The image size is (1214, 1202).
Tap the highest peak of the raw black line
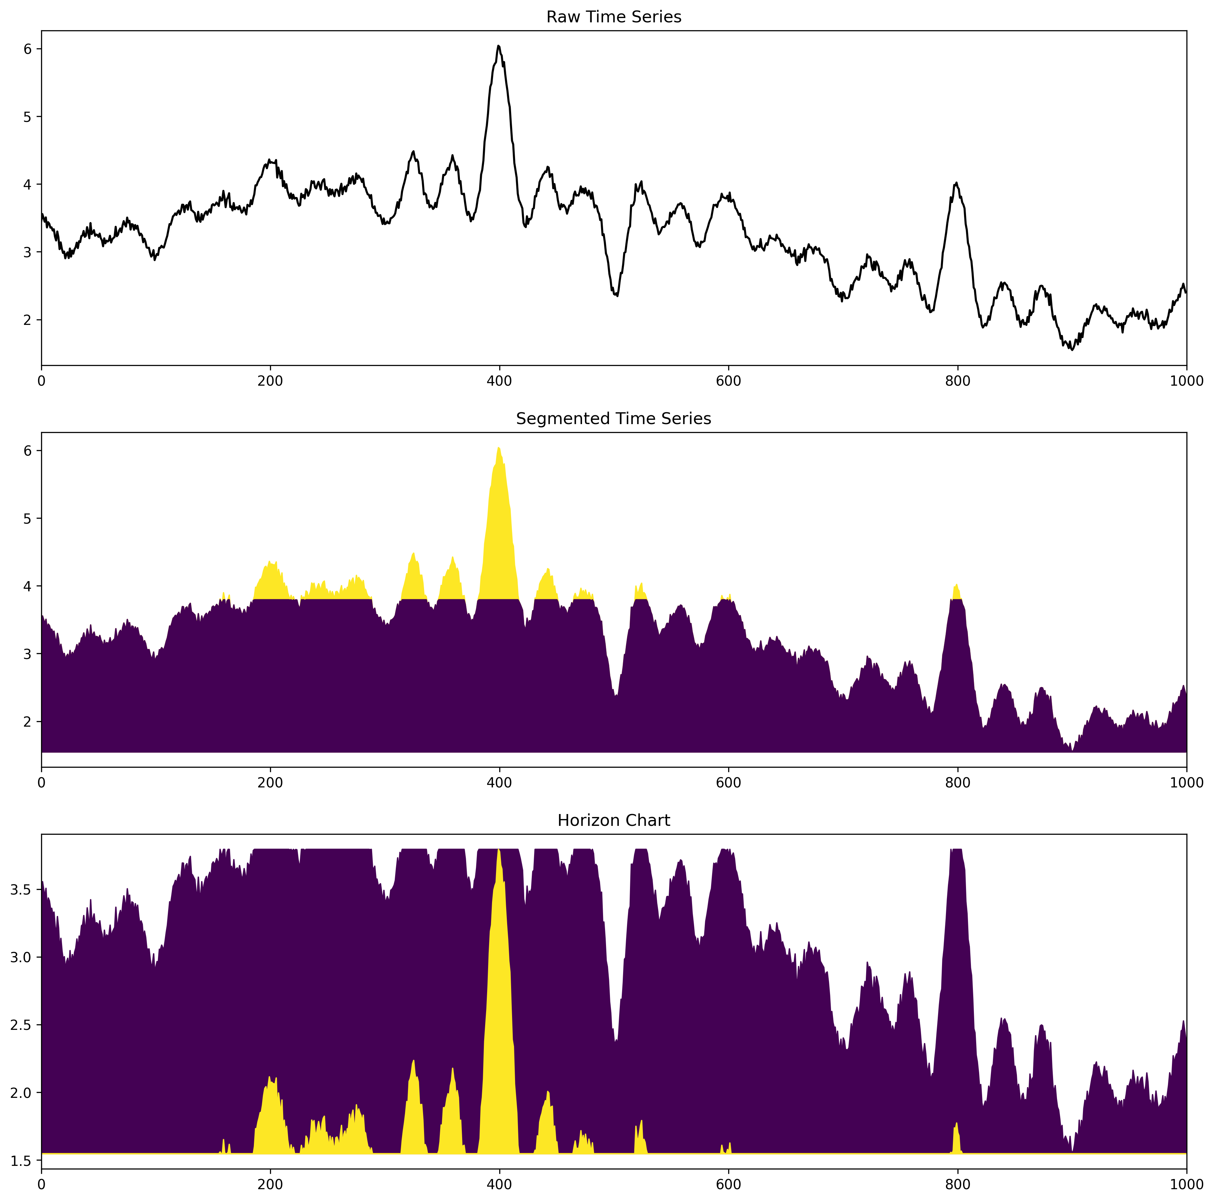[x=498, y=46]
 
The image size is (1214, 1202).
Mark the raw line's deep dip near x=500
[x=617, y=295]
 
